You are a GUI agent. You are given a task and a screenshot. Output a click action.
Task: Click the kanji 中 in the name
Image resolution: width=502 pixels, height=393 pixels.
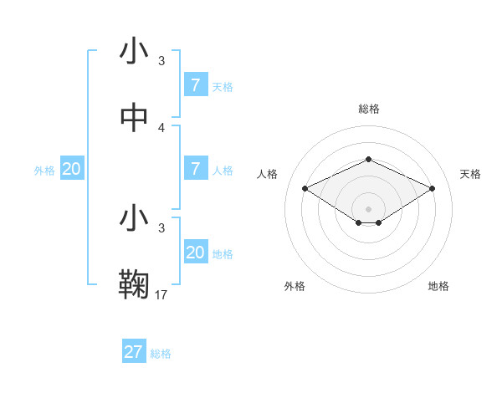(x=134, y=118)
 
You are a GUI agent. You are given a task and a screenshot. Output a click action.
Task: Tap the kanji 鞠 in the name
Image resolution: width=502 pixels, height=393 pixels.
(x=134, y=284)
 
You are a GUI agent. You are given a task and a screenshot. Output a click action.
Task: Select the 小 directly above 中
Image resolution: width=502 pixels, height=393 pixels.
(x=134, y=52)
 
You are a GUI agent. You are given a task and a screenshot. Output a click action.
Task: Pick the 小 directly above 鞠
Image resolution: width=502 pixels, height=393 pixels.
(x=134, y=218)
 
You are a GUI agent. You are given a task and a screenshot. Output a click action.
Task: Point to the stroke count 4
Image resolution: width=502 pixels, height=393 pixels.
(x=161, y=128)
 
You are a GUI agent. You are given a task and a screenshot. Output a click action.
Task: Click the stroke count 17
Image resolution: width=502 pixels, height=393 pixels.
(x=161, y=294)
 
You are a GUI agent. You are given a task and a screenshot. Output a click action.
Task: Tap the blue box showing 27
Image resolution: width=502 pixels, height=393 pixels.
(x=134, y=352)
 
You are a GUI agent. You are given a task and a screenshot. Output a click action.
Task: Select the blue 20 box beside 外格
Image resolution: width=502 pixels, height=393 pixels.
(x=72, y=169)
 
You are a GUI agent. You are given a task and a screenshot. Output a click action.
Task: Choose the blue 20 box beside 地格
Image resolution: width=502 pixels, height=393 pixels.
(x=196, y=253)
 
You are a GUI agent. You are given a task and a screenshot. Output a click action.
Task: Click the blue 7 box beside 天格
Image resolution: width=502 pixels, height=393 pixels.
(x=196, y=85)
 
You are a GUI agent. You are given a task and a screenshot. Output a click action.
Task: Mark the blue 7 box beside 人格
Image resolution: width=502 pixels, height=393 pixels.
(x=196, y=169)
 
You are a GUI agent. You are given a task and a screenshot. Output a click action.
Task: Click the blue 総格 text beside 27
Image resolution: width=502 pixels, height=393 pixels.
(x=161, y=354)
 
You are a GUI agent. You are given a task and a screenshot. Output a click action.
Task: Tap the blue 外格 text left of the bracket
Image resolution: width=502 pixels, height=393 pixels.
(x=44, y=171)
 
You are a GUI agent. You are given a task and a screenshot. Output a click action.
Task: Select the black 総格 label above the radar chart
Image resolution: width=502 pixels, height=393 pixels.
(x=368, y=109)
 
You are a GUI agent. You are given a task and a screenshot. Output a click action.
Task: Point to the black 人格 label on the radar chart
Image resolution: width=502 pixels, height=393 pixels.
(x=268, y=174)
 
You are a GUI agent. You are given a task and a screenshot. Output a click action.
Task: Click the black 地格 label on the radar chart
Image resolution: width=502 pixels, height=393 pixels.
(x=438, y=287)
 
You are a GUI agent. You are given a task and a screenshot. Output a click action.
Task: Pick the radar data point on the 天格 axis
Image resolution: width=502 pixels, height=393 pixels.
(x=432, y=188)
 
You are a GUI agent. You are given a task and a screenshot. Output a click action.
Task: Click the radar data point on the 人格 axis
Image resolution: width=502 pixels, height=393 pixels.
(x=305, y=188)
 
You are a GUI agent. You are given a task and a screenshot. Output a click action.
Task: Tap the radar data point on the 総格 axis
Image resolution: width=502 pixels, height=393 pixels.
(x=368, y=159)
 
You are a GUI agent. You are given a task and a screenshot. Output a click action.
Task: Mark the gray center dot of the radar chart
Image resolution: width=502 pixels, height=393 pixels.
(x=368, y=208)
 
